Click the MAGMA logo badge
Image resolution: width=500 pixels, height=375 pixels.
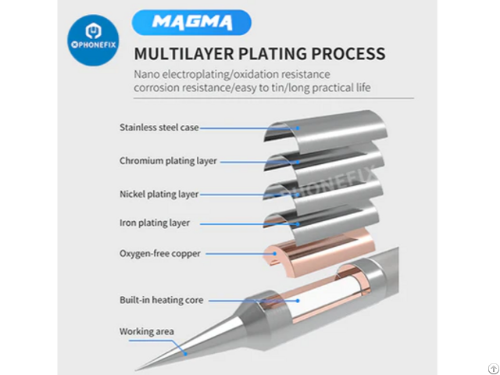pos(191,23)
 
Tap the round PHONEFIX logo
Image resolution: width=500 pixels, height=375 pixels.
pos(94,40)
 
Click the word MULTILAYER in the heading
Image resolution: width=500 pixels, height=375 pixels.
pos(184,53)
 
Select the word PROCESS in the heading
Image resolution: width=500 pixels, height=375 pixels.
pos(348,53)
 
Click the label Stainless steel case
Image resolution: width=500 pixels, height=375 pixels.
pos(159,127)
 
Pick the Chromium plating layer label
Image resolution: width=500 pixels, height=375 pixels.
pos(168,161)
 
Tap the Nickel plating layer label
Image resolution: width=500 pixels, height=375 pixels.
pos(159,194)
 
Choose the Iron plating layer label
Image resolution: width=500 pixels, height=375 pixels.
pos(155,223)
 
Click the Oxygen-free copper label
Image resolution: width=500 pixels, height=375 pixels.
pos(160,253)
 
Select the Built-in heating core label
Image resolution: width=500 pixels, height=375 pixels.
pos(162,300)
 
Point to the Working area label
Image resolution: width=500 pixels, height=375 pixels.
pos(147,331)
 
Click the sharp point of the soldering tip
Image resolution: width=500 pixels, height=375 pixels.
pos(136,370)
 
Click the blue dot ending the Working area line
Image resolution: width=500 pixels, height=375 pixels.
pos(186,354)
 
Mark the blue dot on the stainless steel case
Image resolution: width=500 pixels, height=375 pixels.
pos(298,128)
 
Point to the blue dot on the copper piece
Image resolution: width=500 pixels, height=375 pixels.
pos(275,254)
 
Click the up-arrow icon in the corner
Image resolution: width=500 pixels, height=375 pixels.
pos(493,369)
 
